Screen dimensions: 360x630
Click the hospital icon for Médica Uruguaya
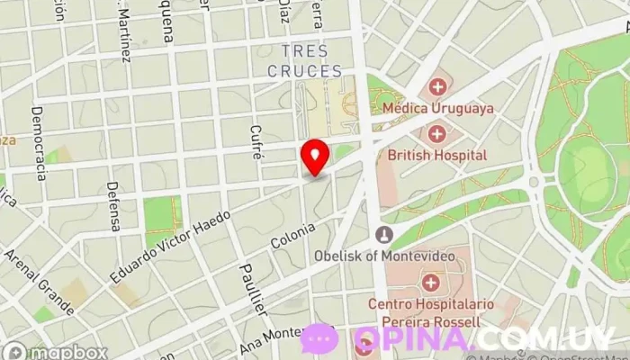[438, 87]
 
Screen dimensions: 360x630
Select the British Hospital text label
[436, 156]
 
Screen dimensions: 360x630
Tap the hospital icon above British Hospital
[438, 134]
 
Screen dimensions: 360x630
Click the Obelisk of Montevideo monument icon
[384, 236]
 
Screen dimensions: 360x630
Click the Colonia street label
[292, 237]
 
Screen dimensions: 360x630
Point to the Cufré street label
[257, 142]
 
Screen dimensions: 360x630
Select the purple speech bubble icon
[319, 338]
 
